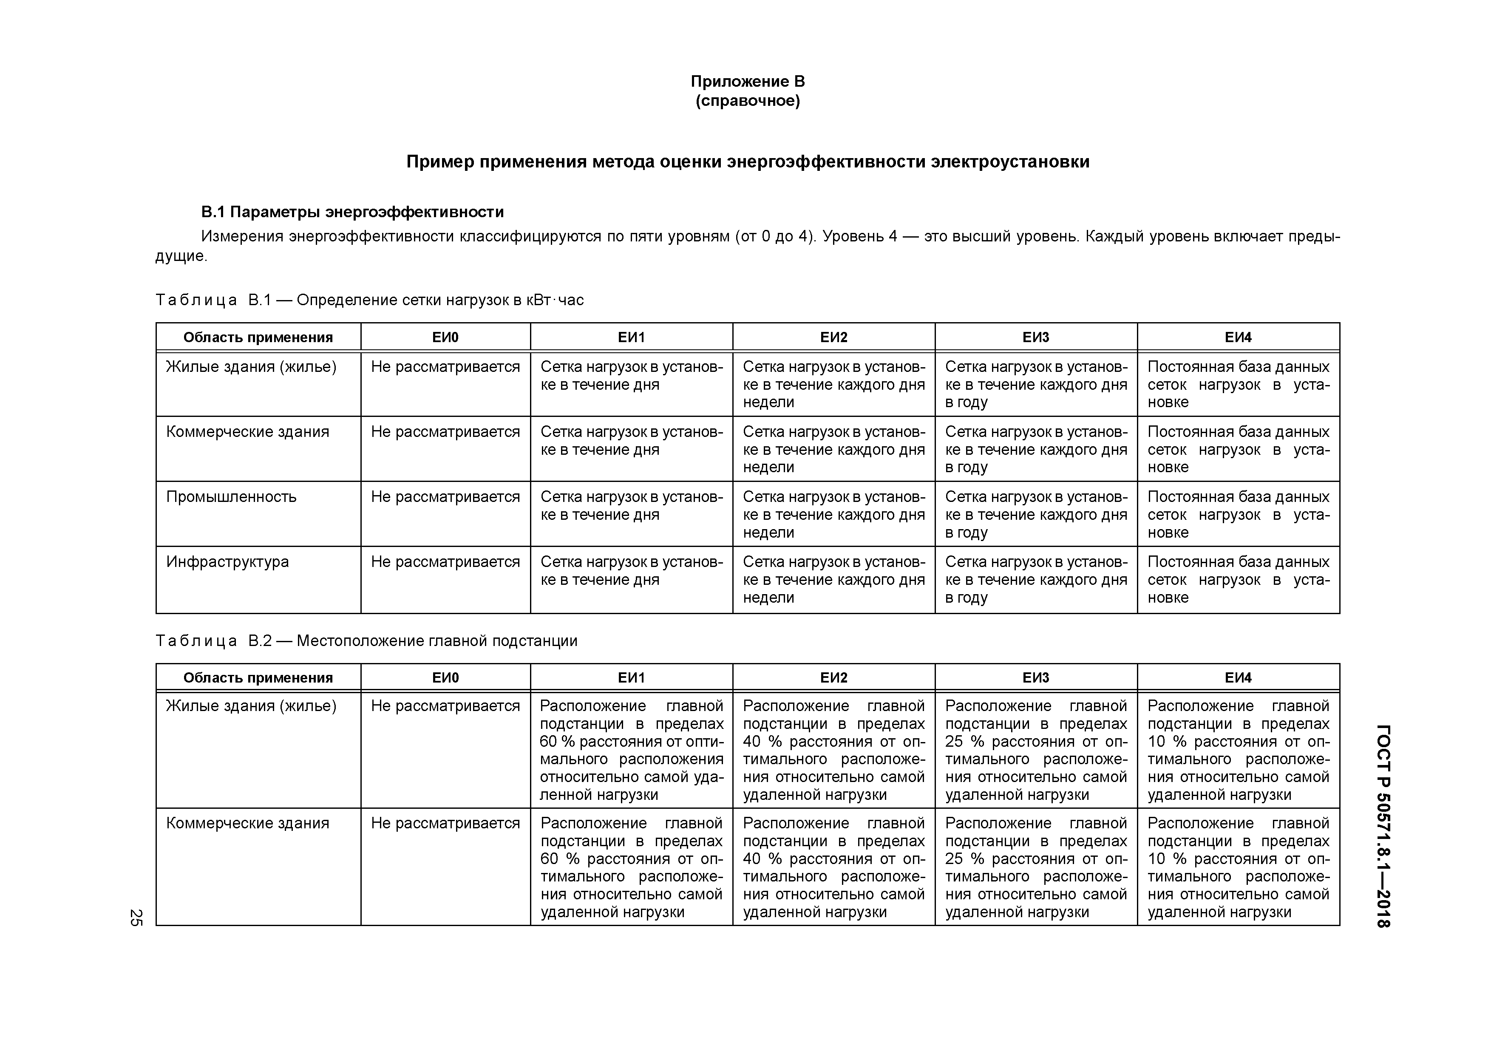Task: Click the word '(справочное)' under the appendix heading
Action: point(748,101)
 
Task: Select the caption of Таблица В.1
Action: point(369,300)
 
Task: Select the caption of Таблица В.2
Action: point(366,641)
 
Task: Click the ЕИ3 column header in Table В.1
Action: point(1036,337)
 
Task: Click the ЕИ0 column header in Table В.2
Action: point(445,677)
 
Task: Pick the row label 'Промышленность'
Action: point(231,497)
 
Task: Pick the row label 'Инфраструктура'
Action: point(227,562)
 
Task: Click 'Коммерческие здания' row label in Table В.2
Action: point(247,824)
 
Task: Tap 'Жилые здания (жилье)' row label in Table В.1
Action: point(251,367)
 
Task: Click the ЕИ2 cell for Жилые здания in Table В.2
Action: point(833,750)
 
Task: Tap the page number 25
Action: point(136,917)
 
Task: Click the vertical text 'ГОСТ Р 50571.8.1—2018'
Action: point(1383,825)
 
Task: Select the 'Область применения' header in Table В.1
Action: point(258,337)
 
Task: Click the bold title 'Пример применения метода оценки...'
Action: point(748,161)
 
